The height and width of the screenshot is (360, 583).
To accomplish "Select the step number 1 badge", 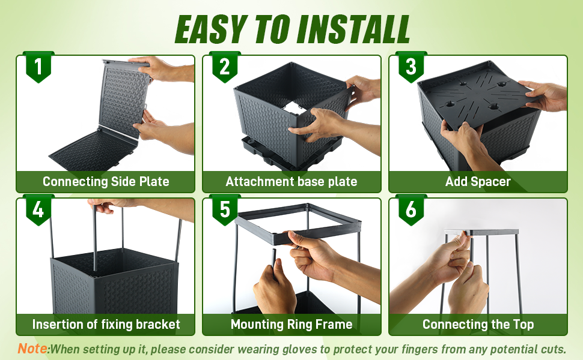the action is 38,67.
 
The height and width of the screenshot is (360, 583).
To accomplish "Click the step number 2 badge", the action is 225,67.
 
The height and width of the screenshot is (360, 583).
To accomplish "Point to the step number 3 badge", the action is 411,67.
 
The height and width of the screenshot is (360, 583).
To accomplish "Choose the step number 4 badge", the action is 38,209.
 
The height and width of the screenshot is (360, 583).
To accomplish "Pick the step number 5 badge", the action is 225,209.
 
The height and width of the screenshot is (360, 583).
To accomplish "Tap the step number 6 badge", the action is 411,209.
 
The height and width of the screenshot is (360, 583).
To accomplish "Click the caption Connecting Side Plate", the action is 106,181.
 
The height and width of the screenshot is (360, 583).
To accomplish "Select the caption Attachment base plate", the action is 291,181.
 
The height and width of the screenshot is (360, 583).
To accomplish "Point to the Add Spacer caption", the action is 478,181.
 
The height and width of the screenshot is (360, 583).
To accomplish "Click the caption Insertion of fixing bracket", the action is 106,325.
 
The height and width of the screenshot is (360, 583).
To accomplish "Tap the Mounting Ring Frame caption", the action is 291,325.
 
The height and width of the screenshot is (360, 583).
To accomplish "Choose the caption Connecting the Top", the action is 478,325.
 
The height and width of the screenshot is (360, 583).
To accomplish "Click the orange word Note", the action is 32,349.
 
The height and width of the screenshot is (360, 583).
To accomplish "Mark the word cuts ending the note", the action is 553,349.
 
